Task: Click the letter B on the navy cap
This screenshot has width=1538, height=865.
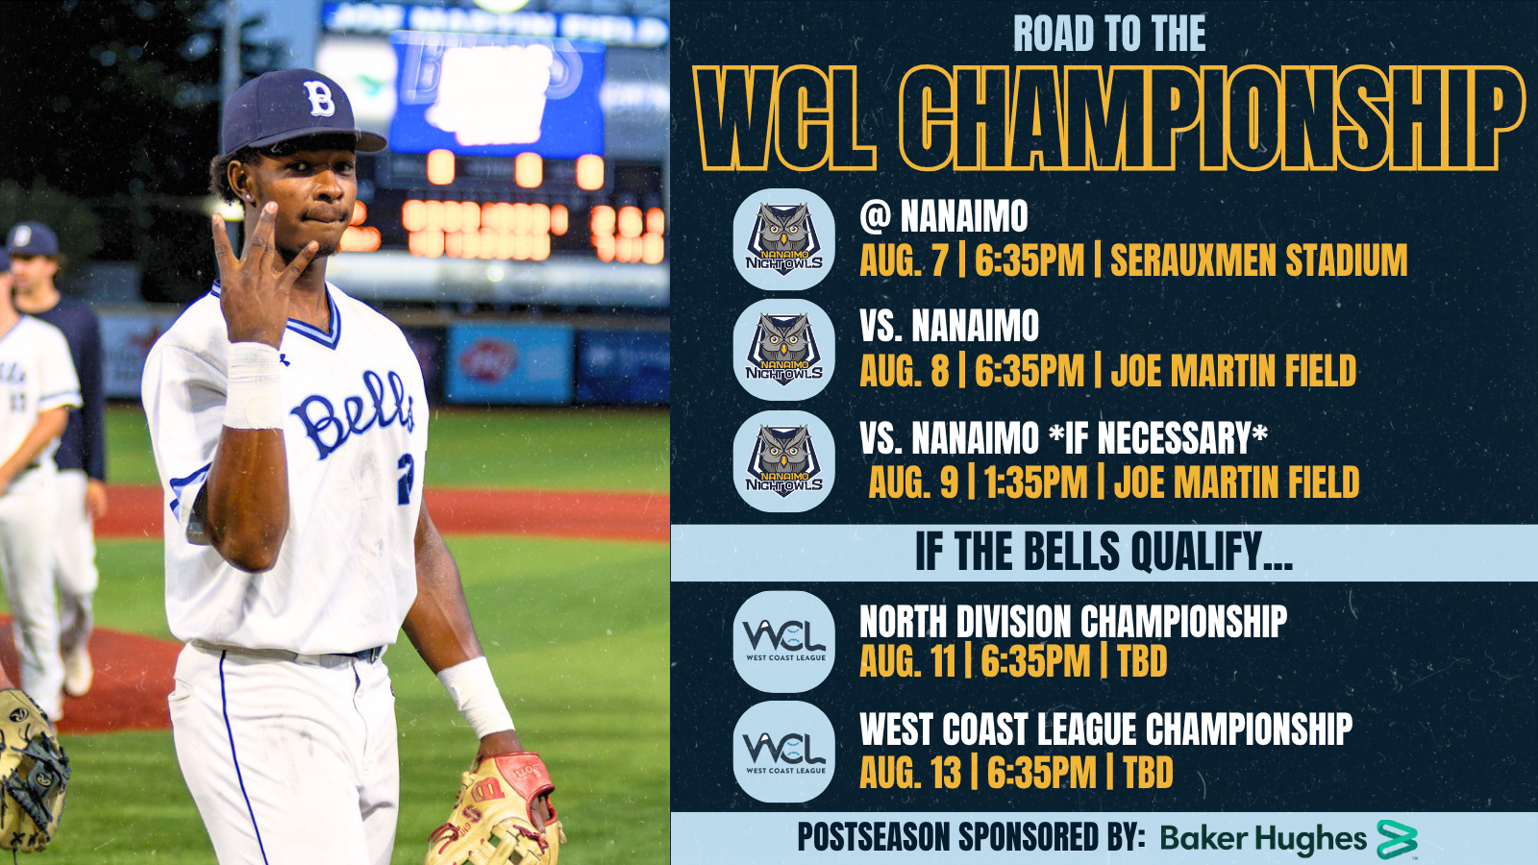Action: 319,99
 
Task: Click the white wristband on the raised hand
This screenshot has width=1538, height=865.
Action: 254,385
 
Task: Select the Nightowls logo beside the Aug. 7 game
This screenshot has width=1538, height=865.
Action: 784,239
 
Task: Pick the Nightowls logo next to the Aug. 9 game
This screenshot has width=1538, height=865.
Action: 784,461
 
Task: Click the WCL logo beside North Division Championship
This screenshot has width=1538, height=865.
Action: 784,641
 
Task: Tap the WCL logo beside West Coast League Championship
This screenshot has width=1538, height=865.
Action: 784,752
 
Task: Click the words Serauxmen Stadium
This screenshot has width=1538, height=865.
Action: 1258,260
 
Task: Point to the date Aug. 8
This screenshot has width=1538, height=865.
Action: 905,371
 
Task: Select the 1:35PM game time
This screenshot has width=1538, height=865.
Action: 1035,482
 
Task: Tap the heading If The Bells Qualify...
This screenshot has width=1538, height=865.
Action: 1104,553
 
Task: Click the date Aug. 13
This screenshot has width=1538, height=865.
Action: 910,773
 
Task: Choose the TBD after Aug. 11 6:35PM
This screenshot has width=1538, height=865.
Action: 1143,661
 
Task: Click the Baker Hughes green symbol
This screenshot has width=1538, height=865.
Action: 1398,839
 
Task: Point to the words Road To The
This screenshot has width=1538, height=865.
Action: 1109,33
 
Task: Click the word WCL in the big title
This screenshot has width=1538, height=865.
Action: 785,118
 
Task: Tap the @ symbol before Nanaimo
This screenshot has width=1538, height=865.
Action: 876,217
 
